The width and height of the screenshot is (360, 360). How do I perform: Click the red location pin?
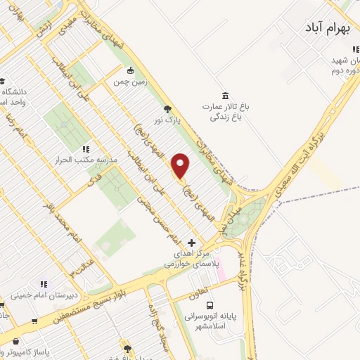click(x=181, y=165)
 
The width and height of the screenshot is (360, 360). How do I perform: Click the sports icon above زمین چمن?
click(x=131, y=70)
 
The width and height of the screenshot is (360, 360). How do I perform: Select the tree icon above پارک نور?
click(x=167, y=108)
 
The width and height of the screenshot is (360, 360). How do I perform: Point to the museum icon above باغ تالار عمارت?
click(x=224, y=95)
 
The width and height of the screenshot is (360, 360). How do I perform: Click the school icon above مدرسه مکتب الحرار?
click(x=85, y=148)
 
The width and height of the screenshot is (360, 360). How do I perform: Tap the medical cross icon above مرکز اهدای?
click(x=191, y=243)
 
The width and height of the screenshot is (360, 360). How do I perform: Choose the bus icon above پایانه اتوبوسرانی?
click(x=210, y=305)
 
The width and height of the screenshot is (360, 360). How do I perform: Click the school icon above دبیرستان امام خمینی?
click(x=44, y=284)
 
